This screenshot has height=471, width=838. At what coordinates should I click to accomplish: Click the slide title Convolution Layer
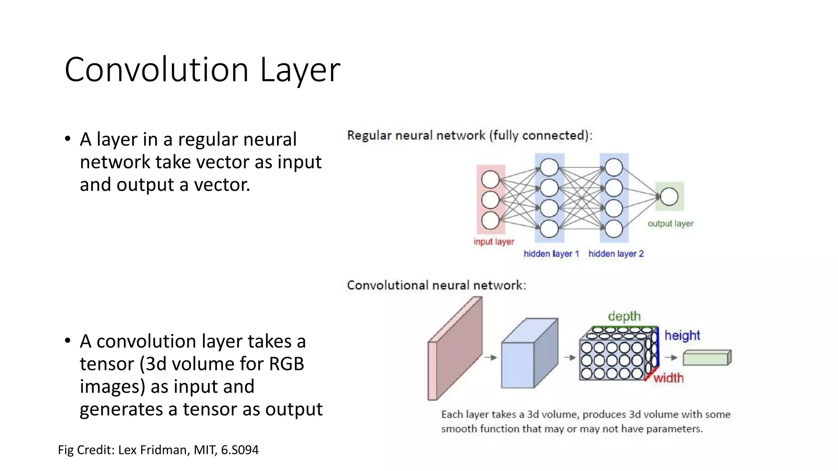202,70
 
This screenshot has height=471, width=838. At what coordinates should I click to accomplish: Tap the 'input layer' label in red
493,242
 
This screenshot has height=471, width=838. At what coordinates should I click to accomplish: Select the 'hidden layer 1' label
551,253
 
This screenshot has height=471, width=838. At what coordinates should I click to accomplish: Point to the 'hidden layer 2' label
616,253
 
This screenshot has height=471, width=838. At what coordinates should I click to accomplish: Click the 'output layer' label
670,224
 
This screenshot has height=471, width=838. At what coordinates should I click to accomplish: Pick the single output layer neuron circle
669,196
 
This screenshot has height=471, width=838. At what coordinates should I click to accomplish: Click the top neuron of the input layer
490,179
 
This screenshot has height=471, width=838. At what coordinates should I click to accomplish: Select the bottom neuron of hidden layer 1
549,229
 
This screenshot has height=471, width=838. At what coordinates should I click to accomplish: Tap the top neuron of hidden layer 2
614,168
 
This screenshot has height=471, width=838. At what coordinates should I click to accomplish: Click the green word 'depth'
624,316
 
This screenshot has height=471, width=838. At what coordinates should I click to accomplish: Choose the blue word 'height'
682,335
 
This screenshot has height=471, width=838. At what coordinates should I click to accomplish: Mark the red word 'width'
668,378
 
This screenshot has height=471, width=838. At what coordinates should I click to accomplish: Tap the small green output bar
707,358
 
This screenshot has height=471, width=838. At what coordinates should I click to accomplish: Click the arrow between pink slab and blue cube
491,357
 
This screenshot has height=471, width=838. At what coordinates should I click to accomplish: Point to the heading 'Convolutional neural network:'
436,285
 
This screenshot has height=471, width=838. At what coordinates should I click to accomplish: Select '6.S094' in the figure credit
240,450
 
